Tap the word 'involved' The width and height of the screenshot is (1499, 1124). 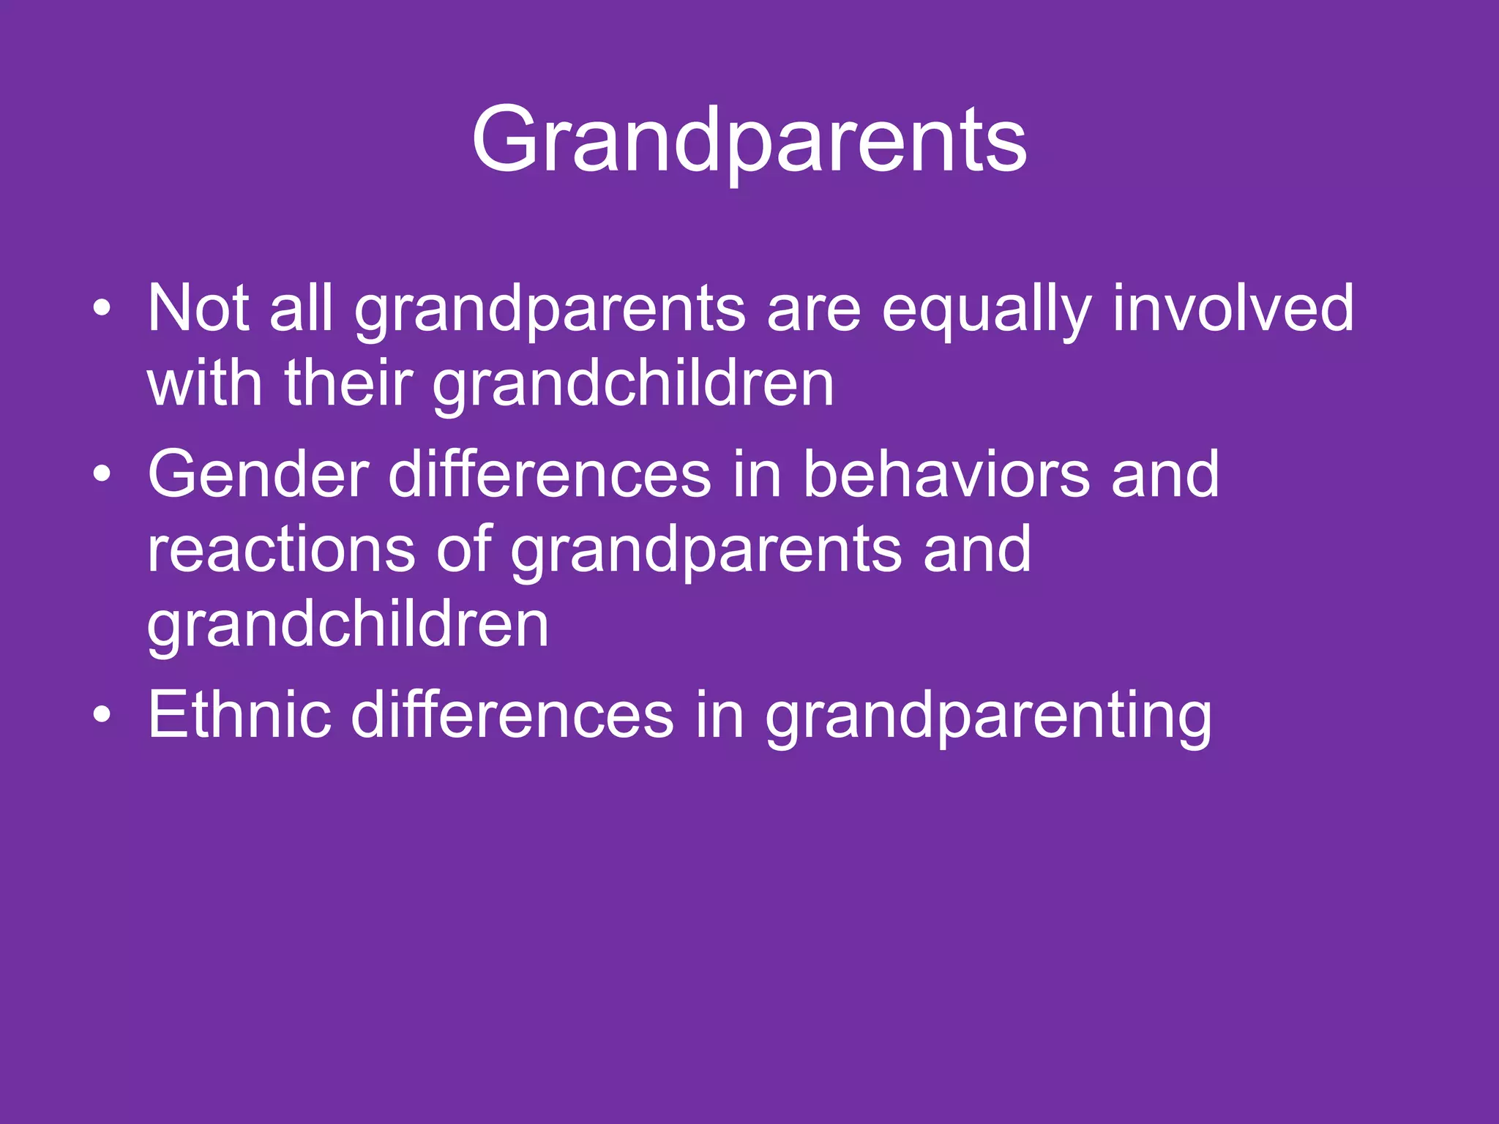[x=1233, y=309]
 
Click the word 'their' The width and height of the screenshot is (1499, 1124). [x=348, y=383]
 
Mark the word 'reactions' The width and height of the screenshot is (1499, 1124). [x=281, y=550]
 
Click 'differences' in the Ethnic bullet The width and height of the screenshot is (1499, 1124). [x=512, y=715]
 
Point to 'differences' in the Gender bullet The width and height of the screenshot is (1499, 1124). [x=549, y=475]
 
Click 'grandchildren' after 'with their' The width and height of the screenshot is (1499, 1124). [x=633, y=385]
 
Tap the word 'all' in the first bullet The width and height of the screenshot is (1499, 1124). [x=301, y=309]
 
